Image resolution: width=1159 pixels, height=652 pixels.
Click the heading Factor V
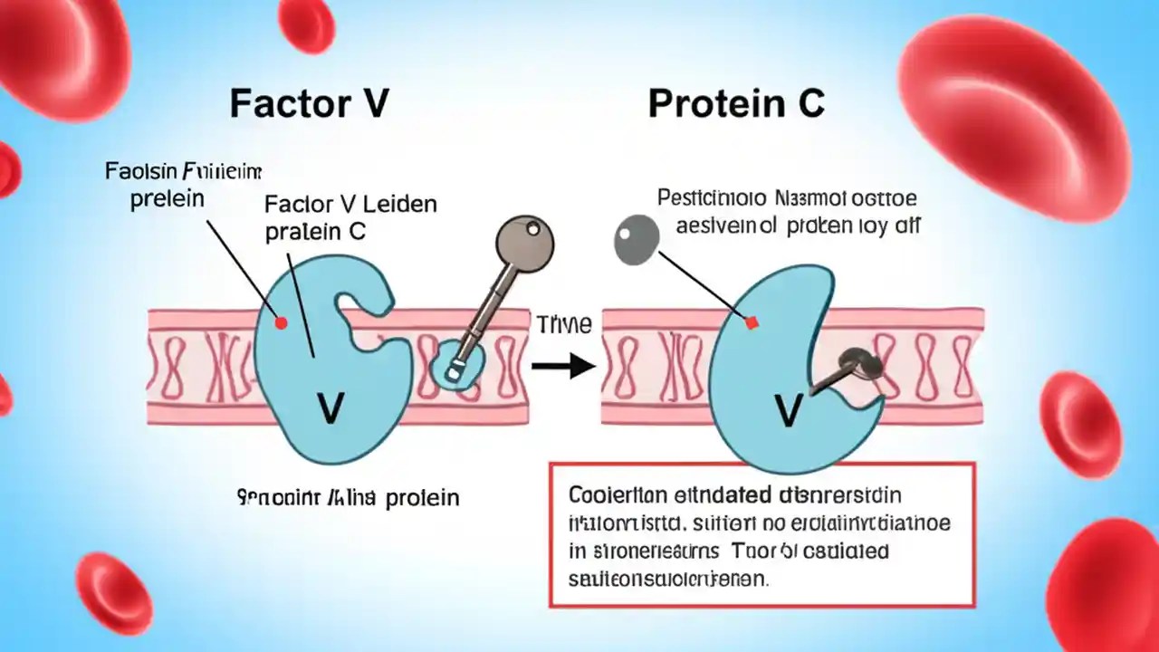click(310, 104)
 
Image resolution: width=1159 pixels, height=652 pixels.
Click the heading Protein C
click(735, 104)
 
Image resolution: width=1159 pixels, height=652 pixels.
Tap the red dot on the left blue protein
click(281, 322)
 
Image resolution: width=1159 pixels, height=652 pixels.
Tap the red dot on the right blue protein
click(751, 322)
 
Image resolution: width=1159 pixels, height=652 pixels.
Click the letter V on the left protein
click(330, 410)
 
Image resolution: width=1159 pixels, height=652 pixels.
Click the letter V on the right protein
click(789, 412)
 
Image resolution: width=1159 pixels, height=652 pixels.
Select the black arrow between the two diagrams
click(561, 366)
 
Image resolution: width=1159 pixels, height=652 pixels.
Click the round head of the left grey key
click(525, 242)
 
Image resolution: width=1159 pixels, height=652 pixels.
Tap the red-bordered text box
click(761, 534)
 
